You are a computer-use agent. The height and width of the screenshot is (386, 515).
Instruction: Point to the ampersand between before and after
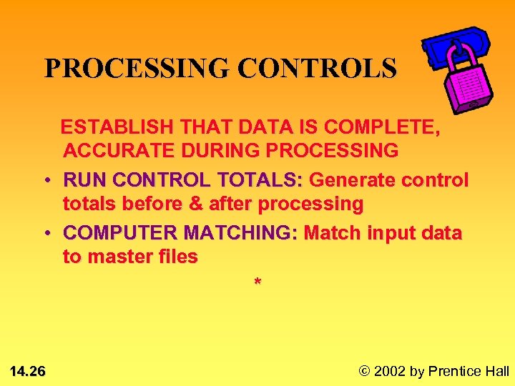tap(195, 204)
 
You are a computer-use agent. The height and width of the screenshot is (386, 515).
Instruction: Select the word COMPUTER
tap(120, 233)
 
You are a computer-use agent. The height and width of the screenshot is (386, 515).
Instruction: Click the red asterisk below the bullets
tap(257, 284)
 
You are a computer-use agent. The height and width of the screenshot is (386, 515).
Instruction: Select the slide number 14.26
tap(28, 371)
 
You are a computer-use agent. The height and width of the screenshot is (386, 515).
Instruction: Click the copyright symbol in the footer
tap(365, 371)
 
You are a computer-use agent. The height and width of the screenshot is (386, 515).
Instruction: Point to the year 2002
tap(390, 371)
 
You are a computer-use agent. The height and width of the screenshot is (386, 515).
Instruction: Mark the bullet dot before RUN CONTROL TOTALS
tap(44, 181)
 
